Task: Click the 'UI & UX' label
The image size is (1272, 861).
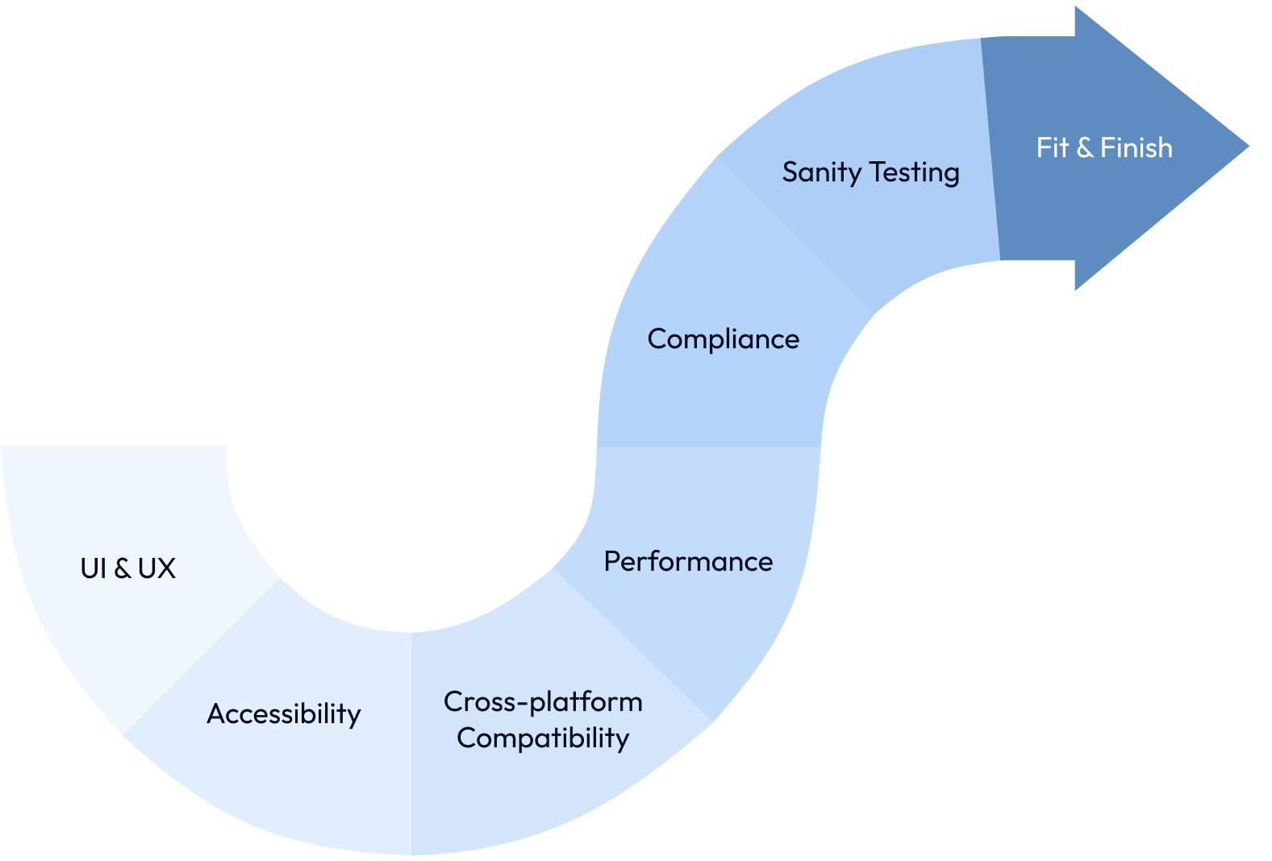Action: click(127, 568)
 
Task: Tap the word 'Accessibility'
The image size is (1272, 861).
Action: click(284, 713)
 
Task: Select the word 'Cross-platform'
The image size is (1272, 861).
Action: click(543, 701)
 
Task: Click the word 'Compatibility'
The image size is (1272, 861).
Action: click(543, 738)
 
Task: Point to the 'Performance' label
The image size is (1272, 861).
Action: click(688, 561)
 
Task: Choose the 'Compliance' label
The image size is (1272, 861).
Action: click(723, 339)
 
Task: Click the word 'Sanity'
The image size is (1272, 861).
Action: click(821, 173)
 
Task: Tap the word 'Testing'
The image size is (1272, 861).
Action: click(915, 173)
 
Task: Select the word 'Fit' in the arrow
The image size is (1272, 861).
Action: click(1052, 148)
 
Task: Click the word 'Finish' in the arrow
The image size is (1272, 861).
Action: click(1136, 148)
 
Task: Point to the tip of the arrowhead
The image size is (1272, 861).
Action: click(1247, 147)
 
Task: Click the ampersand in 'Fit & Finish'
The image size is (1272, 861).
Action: click(1085, 148)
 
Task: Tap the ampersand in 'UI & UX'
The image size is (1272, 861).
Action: click(123, 568)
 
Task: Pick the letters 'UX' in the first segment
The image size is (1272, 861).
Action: click(156, 568)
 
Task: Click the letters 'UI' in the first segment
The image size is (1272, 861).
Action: click(93, 568)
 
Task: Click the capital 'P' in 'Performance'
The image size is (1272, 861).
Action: click(611, 561)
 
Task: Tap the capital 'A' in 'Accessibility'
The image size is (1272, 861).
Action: click(215, 713)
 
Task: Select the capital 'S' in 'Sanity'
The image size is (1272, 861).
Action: click(790, 172)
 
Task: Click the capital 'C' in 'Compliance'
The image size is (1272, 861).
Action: click(657, 339)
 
